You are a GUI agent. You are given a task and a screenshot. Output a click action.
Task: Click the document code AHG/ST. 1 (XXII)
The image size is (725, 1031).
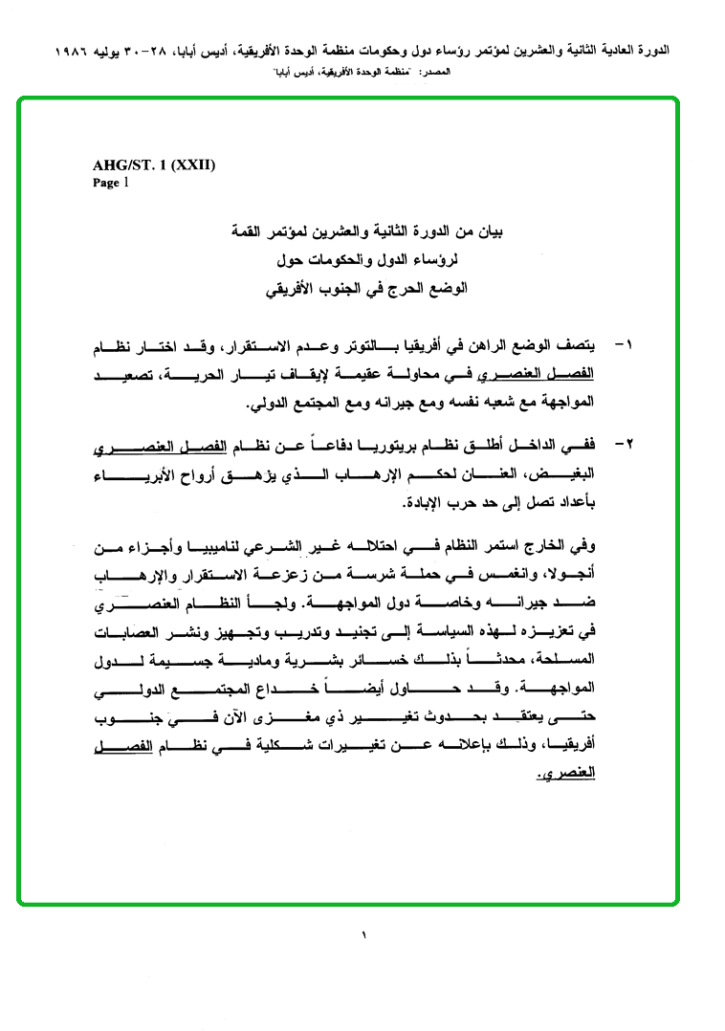click(154, 165)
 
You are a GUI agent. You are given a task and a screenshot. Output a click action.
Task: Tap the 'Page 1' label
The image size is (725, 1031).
click(110, 183)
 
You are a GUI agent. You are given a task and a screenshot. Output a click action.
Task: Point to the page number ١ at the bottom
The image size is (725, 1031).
click(363, 933)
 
